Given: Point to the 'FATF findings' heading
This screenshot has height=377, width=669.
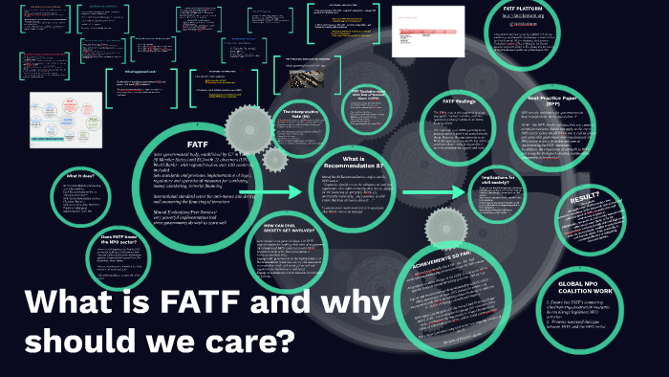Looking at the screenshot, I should [x=460, y=100].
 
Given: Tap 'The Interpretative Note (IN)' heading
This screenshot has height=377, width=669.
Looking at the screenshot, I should [x=298, y=116].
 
